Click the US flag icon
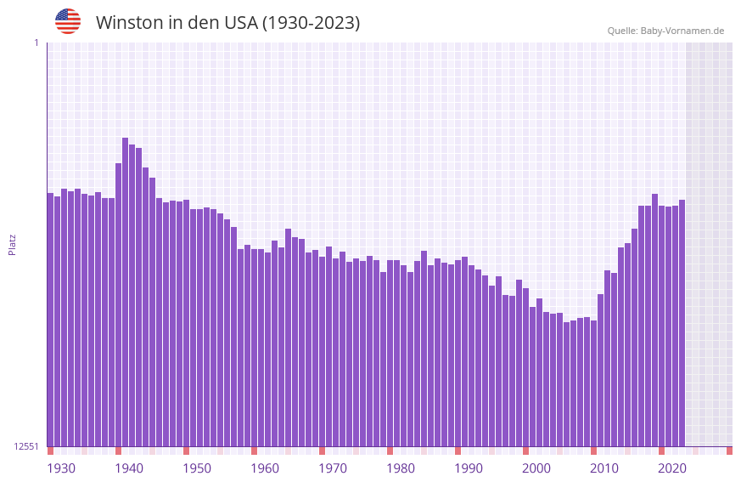tap(68, 21)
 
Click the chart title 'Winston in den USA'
tap(227, 23)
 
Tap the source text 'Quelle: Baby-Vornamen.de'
tap(665, 31)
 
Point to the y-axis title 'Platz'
tap(12, 244)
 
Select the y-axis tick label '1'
tap(36, 43)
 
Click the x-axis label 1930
tap(61, 468)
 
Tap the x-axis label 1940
tap(129, 468)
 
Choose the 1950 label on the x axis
tap(197, 468)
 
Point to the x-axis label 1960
tap(265, 468)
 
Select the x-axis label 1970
tap(333, 468)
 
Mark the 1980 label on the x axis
tap(401, 468)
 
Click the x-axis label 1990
tap(469, 468)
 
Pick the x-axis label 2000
tap(536, 468)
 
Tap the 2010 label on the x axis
tap(604, 468)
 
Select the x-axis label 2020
tap(672, 468)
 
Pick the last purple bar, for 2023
tap(682, 323)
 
